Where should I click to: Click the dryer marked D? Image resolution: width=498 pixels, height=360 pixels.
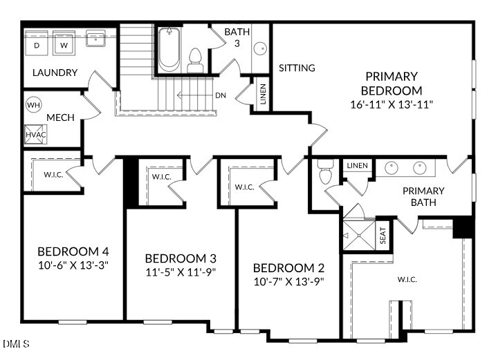coord(37,44)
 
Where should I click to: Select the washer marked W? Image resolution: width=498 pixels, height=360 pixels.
coord(64,44)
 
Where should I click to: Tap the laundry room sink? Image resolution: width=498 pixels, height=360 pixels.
coord(95,39)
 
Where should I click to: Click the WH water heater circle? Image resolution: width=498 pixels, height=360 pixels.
coord(34,104)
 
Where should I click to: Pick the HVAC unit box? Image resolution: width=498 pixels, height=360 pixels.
coord(35,135)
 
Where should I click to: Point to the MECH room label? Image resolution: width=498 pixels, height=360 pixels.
coord(60,117)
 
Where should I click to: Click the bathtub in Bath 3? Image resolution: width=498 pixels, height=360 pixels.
coord(169,50)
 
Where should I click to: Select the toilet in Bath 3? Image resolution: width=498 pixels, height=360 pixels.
coord(195,61)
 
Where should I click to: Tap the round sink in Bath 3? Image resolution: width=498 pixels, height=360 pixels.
coord(261,48)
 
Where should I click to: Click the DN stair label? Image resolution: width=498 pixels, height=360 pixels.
coord(221,95)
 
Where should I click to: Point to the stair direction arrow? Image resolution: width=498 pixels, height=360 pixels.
coord(194,95)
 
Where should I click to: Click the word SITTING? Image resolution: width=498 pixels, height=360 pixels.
coord(297,68)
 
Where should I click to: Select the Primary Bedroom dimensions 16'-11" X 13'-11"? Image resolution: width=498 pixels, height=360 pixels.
coord(391,104)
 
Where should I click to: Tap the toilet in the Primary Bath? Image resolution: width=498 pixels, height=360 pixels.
coord(326,171)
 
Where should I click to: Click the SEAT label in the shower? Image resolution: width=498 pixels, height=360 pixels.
coord(383,235)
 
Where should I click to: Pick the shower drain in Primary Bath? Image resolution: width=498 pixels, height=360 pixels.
coord(359,236)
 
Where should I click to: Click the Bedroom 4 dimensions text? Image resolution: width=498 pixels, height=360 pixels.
coord(73,265)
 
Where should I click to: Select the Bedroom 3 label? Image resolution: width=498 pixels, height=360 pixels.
coord(181,258)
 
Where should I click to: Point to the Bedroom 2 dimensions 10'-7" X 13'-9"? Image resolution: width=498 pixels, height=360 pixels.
coord(288,281)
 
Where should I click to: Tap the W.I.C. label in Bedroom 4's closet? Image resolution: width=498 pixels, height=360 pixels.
coord(53,174)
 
